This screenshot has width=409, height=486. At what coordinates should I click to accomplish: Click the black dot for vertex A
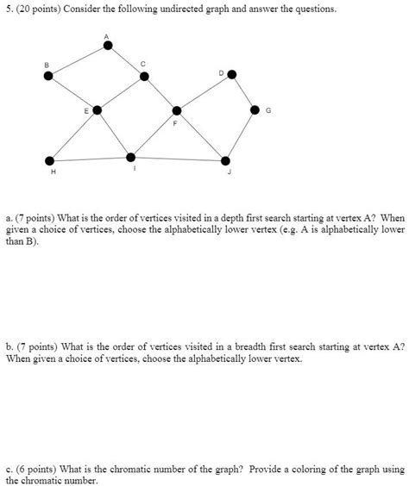(x=107, y=45)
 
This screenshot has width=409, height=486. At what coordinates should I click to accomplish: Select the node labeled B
(x=48, y=76)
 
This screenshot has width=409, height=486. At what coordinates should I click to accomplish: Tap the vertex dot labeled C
(x=144, y=76)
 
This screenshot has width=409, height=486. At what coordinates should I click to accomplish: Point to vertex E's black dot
(x=98, y=109)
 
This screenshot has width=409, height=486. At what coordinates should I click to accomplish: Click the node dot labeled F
(x=177, y=110)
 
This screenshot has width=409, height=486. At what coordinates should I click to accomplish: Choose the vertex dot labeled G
(x=255, y=109)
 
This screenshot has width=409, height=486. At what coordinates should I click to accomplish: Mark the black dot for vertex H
(x=49, y=159)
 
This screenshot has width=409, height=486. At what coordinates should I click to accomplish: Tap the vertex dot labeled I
(x=130, y=157)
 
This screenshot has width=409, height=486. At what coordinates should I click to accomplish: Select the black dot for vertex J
(x=226, y=160)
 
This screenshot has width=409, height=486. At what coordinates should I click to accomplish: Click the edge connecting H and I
(x=90, y=159)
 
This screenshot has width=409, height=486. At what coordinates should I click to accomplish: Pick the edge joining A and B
(x=78, y=60)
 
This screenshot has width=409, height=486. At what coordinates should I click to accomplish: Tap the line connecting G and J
(x=241, y=134)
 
